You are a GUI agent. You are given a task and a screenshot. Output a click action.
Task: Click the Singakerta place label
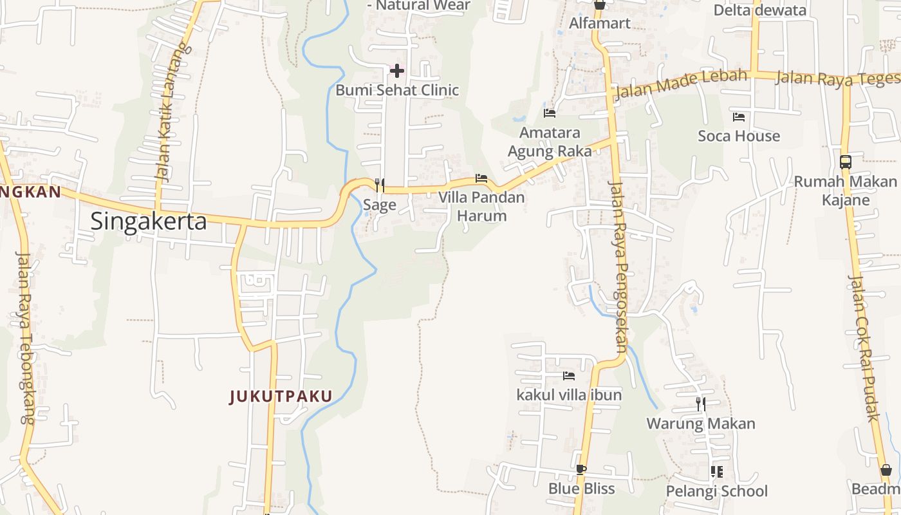coord(149,221)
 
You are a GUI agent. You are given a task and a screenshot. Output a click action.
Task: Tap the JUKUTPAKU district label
coord(281,397)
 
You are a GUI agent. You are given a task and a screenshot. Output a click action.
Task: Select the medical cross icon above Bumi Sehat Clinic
coord(397,70)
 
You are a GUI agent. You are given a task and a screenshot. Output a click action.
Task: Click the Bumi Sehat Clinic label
coord(397,90)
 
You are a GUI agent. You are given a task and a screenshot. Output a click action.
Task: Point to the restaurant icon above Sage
coord(380,185)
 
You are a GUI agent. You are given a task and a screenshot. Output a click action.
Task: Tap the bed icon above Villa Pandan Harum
coord(481,178)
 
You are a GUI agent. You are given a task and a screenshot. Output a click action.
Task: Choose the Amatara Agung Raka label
coord(550,142)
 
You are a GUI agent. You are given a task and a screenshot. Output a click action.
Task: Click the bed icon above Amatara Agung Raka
coord(550,113)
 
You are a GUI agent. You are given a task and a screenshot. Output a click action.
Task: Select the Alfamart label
coord(600,23)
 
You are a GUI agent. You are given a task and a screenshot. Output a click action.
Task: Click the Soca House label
coord(739,136)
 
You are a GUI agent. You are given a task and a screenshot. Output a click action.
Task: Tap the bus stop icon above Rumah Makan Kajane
coord(846,162)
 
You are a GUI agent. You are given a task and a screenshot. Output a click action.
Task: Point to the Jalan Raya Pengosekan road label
coord(618,264)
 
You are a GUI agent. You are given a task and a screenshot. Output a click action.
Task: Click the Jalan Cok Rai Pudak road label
coord(864,348)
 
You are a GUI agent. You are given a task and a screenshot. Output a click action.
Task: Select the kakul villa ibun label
coord(569,395)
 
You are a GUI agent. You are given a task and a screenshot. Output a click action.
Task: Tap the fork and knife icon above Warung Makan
coord(701,404)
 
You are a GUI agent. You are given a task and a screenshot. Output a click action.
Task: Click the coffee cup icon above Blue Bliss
coord(581,469)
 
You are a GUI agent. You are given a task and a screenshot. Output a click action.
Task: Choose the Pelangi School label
coord(717,491)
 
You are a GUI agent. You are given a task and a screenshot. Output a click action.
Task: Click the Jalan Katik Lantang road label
coord(165,113)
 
